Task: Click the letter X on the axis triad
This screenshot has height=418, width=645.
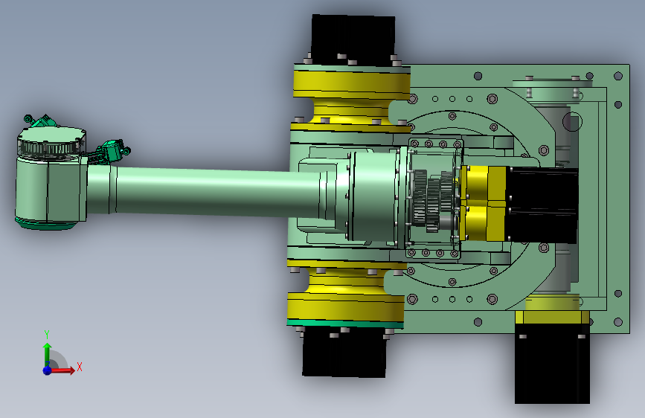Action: pyautogui.click(x=80, y=367)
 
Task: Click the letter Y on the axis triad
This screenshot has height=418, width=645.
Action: pyautogui.click(x=47, y=334)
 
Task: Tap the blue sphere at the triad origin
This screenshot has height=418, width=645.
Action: pyautogui.click(x=48, y=370)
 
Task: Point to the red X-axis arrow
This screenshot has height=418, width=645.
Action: pyautogui.click(x=62, y=370)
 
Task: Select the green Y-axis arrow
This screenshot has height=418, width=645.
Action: pyautogui.click(x=48, y=354)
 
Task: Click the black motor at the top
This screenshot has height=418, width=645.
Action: pyautogui.click(x=353, y=40)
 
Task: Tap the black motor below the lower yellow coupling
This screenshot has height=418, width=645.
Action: pyautogui.click(x=344, y=352)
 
